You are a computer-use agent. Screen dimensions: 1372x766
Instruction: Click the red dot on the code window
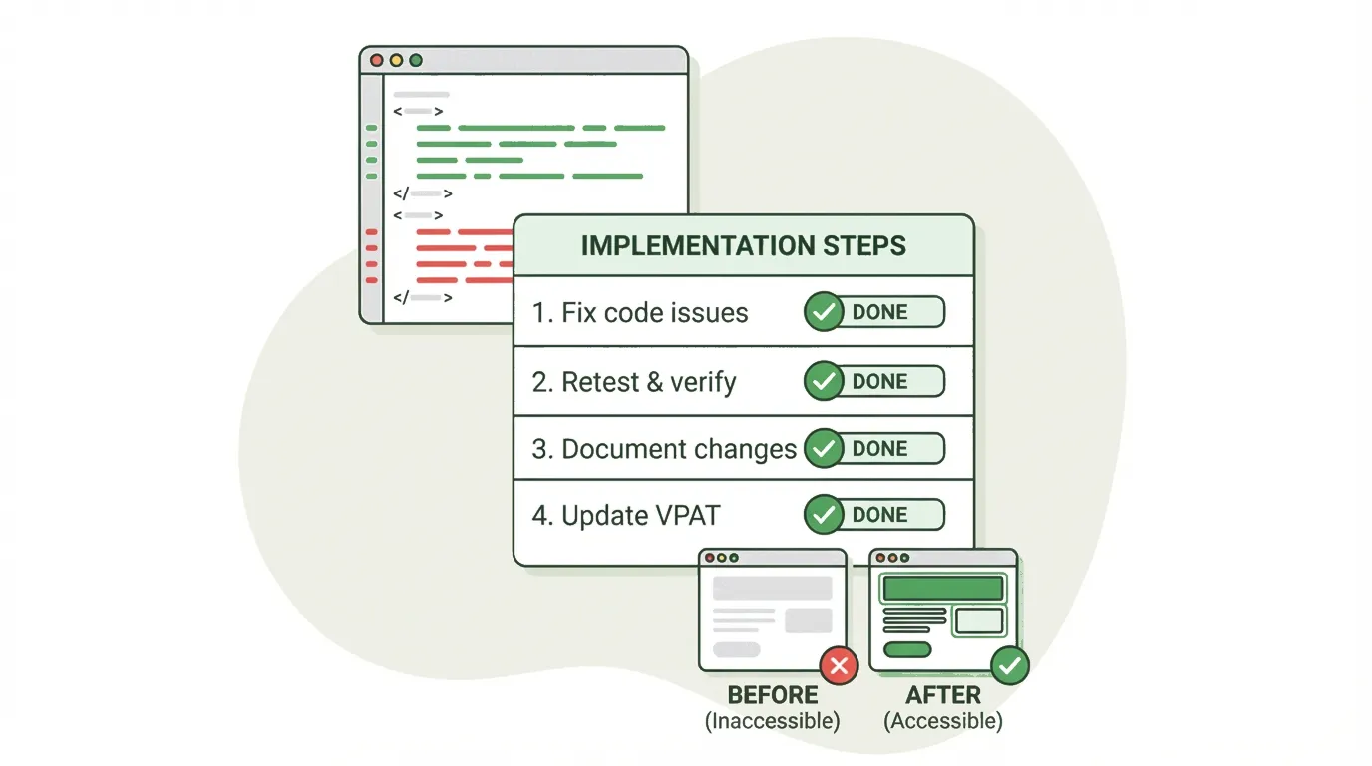click(x=377, y=60)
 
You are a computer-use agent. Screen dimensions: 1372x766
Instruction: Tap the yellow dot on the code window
click(x=396, y=60)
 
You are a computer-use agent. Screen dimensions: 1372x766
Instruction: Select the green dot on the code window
click(x=416, y=60)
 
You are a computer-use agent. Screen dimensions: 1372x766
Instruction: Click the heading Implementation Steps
click(x=743, y=245)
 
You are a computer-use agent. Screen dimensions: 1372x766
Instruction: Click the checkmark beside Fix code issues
click(x=824, y=312)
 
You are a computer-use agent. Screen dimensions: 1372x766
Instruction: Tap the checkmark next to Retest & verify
click(x=824, y=381)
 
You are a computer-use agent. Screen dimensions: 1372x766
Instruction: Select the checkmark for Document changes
click(x=824, y=448)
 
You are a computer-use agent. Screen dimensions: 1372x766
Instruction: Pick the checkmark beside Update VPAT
click(x=824, y=514)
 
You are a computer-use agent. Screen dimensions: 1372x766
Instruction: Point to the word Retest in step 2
click(x=600, y=382)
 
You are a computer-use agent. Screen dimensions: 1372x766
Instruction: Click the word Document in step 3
click(x=623, y=449)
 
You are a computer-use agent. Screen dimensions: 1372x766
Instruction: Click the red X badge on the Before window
click(x=840, y=665)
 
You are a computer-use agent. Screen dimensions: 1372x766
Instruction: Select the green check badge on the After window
click(x=1010, y=665)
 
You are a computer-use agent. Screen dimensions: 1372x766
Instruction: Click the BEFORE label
click(x=773, y=695)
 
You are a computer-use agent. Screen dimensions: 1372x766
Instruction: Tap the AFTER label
click(x=943, y=695)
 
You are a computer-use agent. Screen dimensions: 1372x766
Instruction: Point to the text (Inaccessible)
click(x=773, y=721)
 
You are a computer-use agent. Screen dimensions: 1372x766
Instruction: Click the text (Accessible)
click(x=943, y=721)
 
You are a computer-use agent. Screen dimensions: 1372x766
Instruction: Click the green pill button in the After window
click(x=907, y=649)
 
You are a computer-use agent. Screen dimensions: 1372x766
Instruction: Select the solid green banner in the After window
click(x=942, y=588)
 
